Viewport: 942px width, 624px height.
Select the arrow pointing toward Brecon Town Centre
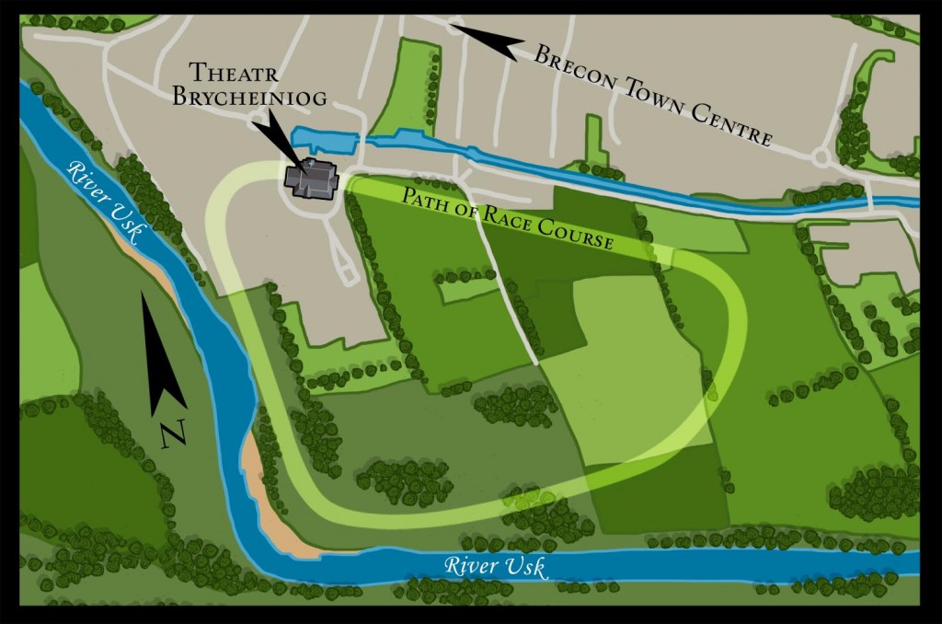487,40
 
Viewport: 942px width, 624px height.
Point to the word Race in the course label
512,221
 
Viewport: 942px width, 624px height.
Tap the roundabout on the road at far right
821,157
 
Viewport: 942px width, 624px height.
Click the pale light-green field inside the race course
635,368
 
